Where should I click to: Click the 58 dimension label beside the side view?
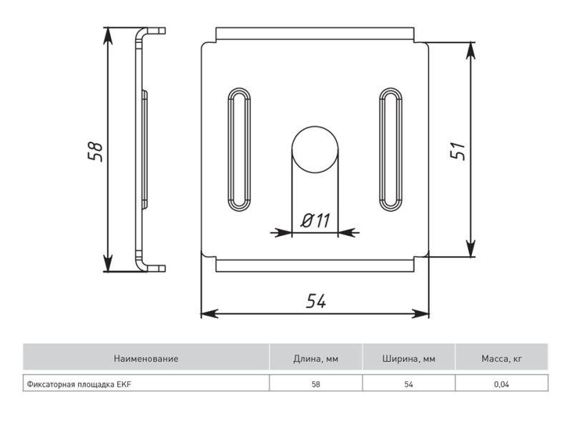(95, 151)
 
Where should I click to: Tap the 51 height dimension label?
(458, 150)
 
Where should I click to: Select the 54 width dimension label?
(316, 301)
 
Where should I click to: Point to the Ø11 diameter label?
(315, 220)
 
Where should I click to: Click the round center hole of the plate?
(315, 149)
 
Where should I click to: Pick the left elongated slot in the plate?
(240, 149)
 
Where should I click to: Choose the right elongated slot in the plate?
(390, 149)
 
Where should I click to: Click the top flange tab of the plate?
(315, 34)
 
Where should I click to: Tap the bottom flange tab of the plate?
(315, 265)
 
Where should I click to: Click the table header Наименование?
(146, 359)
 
